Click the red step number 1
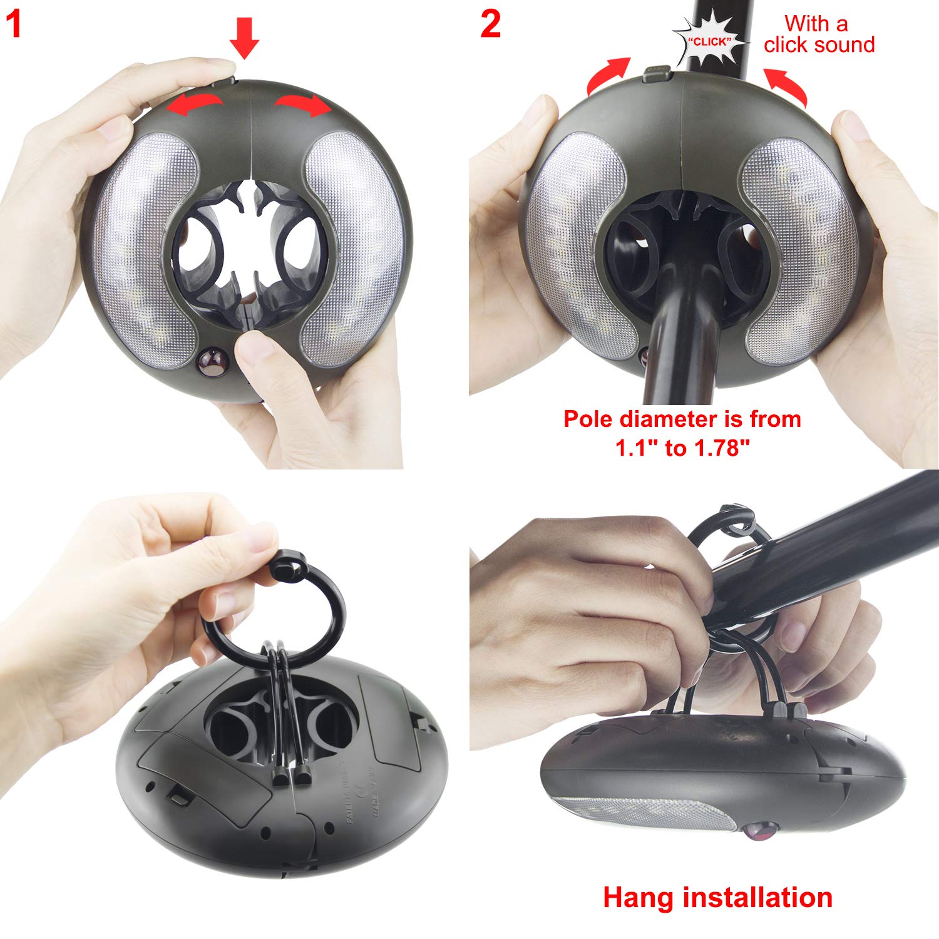click(x=14, y=24)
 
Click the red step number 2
click(x=491, y=24)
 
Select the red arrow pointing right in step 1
click(x=304, y=103)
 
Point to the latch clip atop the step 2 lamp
click(x=656, y=74)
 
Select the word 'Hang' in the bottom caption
click(x=639, y=897)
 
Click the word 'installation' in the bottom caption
click(x=757, y=897)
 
